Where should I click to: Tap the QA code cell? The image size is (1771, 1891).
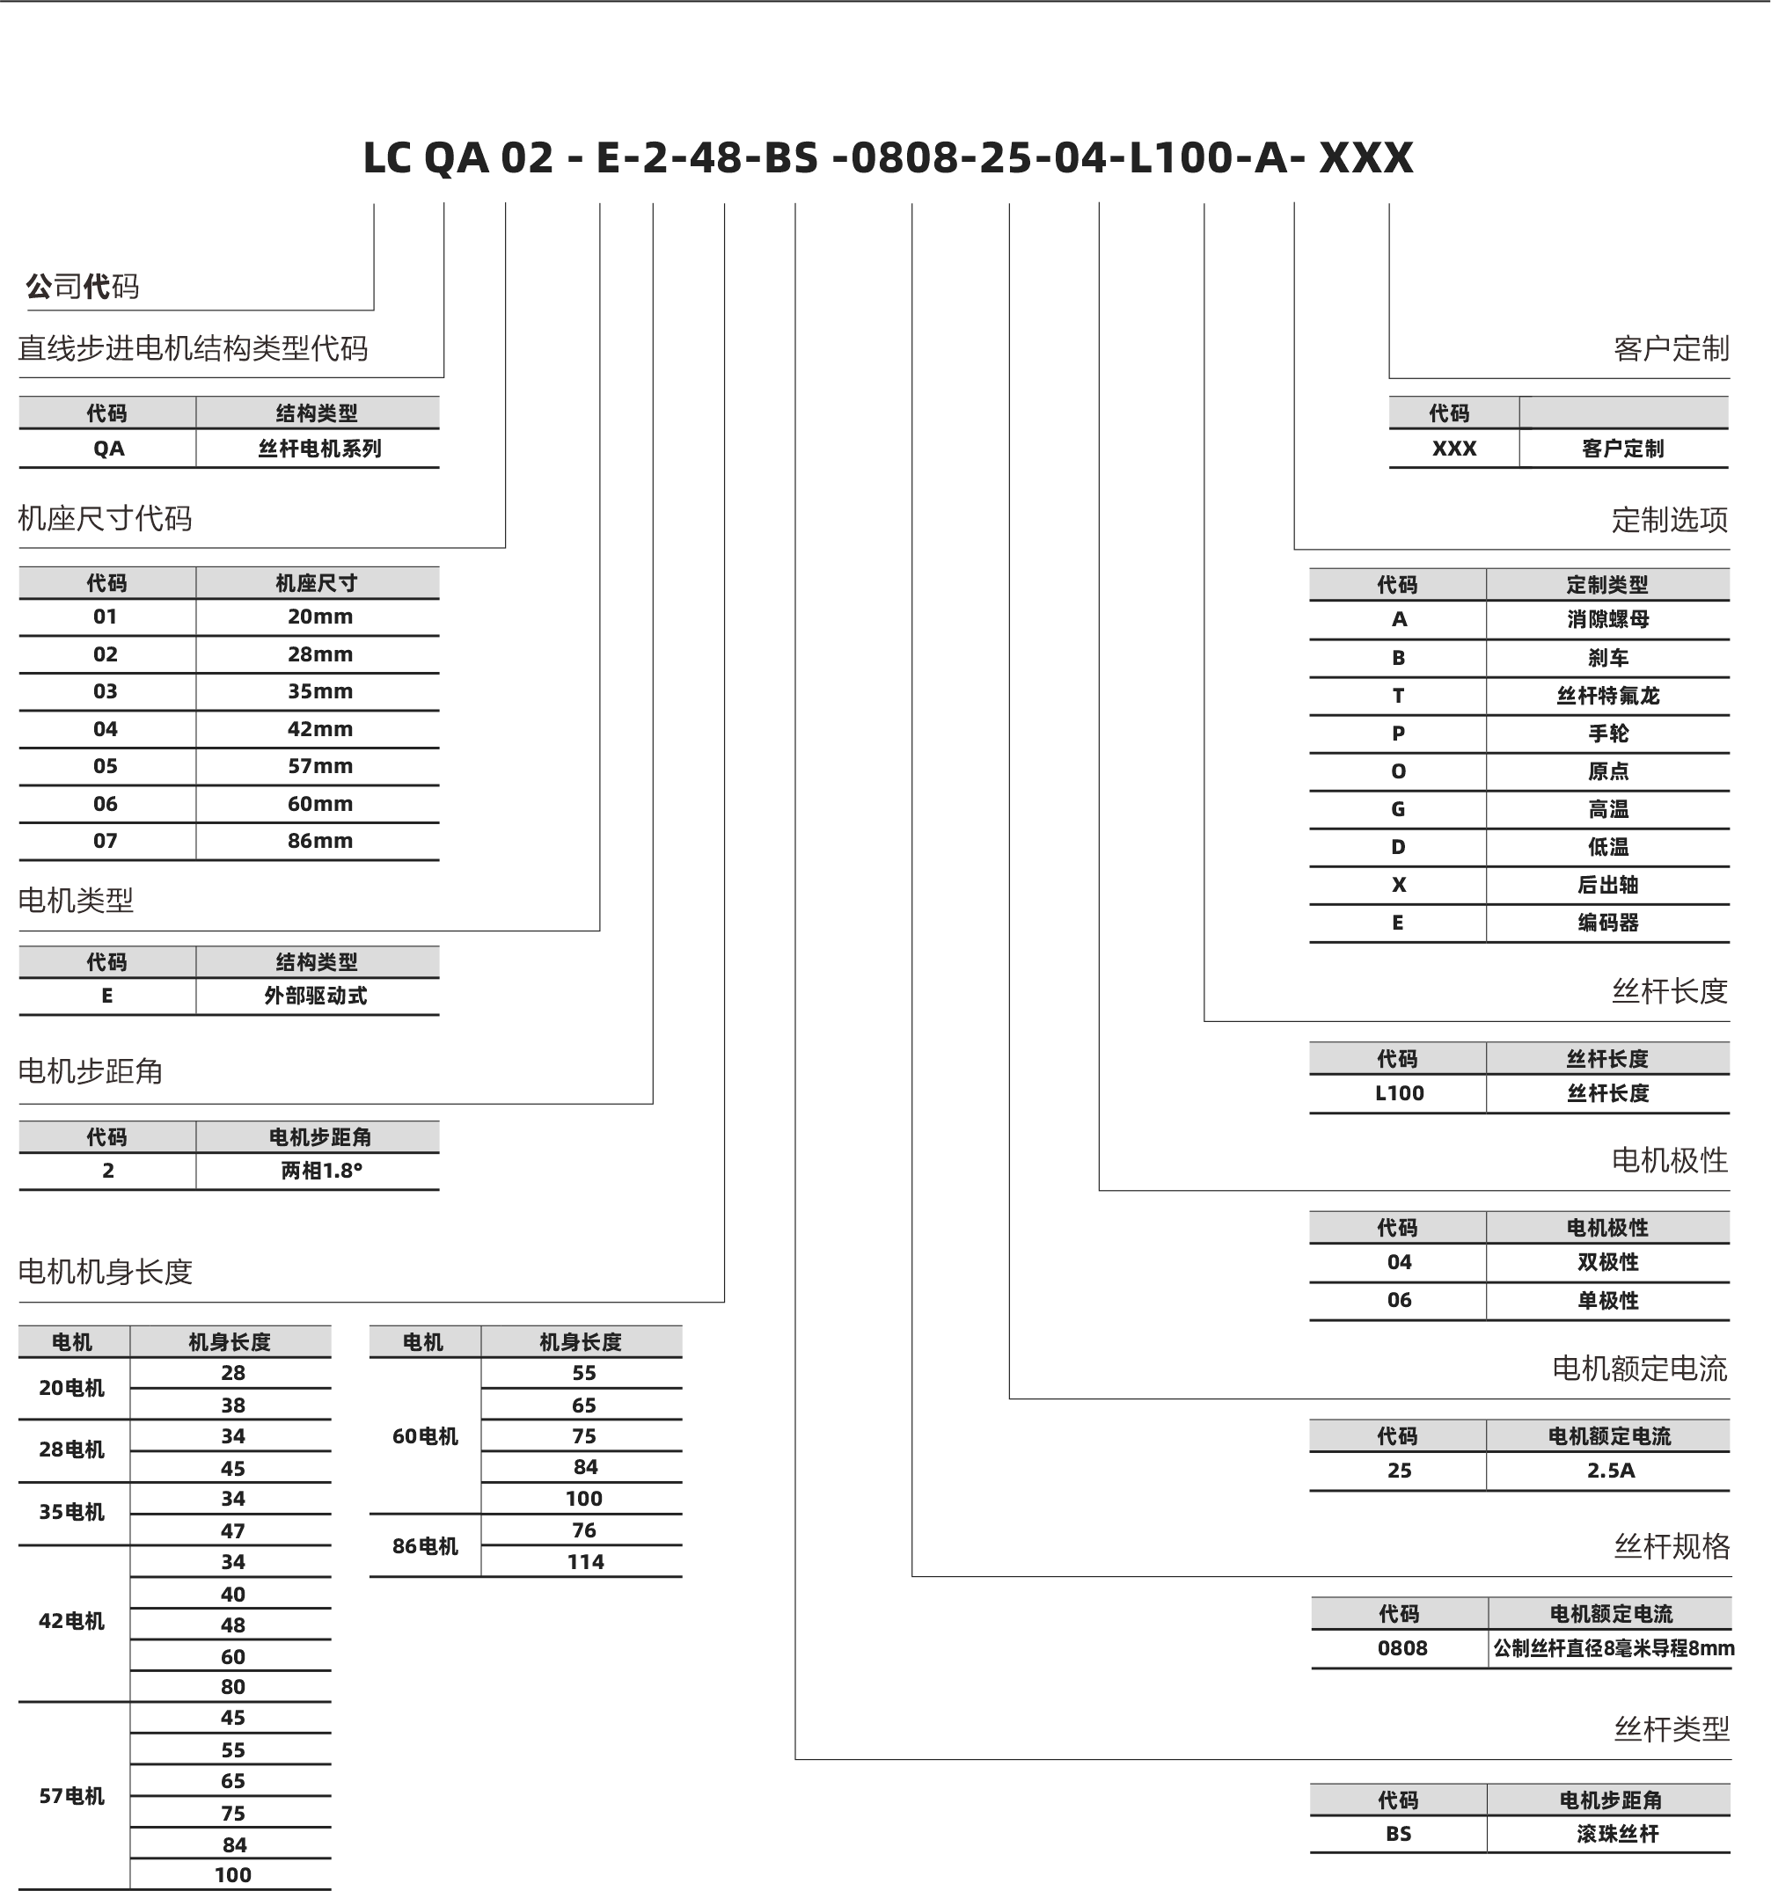[x=108, y=449]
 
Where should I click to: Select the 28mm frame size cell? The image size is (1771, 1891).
[x=319, y=654]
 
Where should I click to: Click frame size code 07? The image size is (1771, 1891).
[x=106, y=841]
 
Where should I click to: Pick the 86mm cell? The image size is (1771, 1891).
[x=319, y=841]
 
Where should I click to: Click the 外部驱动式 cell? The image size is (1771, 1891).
[x=316, y=996]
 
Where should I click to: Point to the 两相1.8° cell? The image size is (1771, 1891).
[x=321, y=1171]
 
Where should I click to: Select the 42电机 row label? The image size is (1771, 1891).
[x=71, y=1622]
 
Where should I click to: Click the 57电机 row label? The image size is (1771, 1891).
[x=71, y=1796]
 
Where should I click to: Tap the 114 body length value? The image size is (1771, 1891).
[x=585, y=1562]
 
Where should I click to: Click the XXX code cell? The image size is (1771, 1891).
[x=1454, y=449]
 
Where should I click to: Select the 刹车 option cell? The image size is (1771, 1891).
[x=1608, y=658]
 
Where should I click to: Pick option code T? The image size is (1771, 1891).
[x=1398, y=697]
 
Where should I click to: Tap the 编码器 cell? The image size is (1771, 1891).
[x=1608, y=923]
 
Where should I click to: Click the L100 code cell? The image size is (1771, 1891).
[x=1399, y=1094]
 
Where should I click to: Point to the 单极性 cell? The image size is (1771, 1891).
[x=1608, y=1300]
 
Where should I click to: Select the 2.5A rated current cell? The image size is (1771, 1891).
[x=1610, y=1471]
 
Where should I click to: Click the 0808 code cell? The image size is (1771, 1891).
[x=1401, y=1648]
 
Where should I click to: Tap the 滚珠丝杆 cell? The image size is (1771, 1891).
[x=1617, y=1834]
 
